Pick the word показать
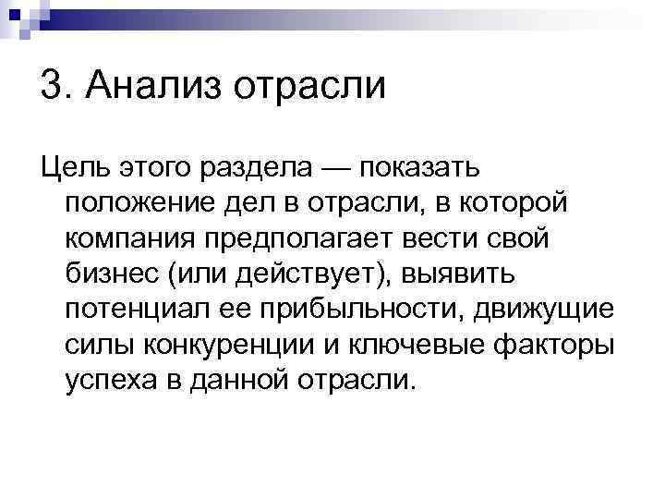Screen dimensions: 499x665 (419, 169)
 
